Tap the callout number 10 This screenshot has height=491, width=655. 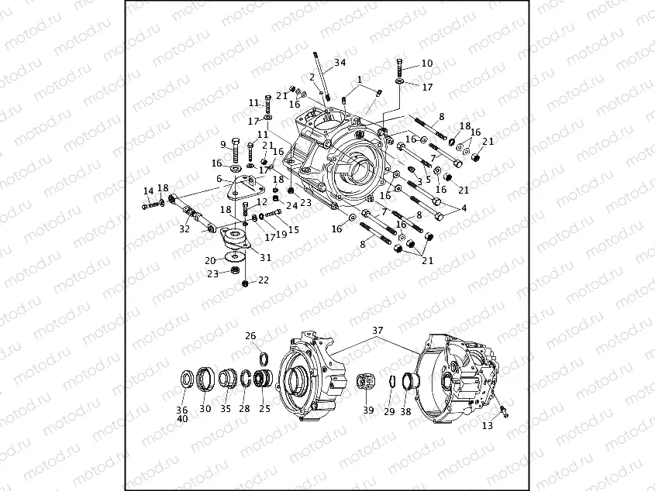pyautogui.click(x=426, y=64)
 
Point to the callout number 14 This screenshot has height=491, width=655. pyautogui.click(x=147, y=191)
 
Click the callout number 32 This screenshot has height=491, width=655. pyautogui.click(x=184, y=229)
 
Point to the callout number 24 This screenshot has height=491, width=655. pyautogui.click(x=291, y=205)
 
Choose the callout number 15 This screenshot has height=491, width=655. pyautogui.click(x=293, y=230)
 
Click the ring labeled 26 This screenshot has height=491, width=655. pyautogui.click(x=264, y=357)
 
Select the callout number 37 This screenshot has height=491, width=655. pyautogui.click(x=377, y=330)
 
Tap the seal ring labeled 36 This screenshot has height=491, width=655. pyautogui.click(x=188, y=380)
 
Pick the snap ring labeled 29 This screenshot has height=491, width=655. pyautogui.click(x=391, y=382)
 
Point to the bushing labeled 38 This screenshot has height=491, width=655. pyautogui.click(x=407, y=383)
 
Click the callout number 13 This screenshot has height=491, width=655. pyautogui.click(x=487, y=425)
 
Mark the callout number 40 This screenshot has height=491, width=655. pyautogui.click(x=182, y=419)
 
